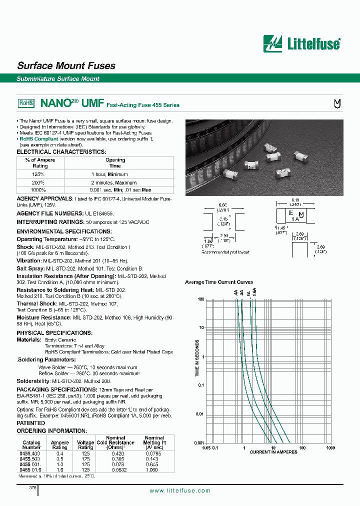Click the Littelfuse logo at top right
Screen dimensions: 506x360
(302, 43)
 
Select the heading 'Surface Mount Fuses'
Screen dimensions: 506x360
(66, 65)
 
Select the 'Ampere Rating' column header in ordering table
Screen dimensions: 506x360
(60, 445)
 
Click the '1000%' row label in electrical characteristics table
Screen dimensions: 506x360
(38, 190)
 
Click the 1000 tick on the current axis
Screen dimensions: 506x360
(330, 447)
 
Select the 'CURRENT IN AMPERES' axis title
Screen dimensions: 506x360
(273, 452)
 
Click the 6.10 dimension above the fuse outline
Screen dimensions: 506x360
(295, 199)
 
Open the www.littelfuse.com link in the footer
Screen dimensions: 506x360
(180, 490)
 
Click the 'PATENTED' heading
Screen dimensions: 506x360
(31, 423)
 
